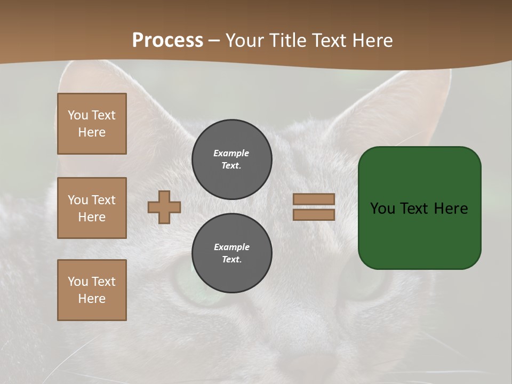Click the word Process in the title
(167, 41)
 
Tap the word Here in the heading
(372, 41)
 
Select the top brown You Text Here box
(92, 124)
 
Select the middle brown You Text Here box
(92, 208)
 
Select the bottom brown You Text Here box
(92, 290)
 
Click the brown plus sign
(164, 207)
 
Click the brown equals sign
(314, 207)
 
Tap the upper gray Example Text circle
(231, 159)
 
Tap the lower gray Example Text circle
(231, 253)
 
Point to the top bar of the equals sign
(314, 199)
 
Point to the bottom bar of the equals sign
(314, 214)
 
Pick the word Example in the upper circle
(231, 153)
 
